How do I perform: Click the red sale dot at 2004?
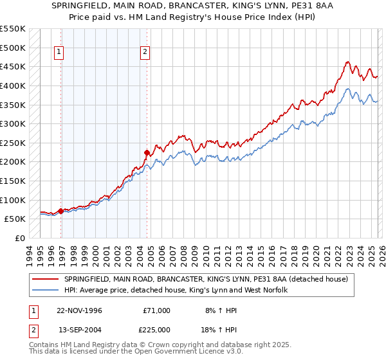[x=147, y=152]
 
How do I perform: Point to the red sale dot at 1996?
[x=61, y=211]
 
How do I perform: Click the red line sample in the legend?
[x=46, y=279]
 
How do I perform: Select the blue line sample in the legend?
[x=46, y=291]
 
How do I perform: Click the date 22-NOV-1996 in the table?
[x=79, y=310]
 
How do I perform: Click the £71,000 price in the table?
[x=156, y=310]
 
